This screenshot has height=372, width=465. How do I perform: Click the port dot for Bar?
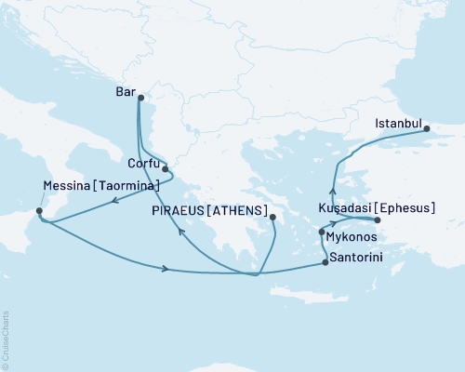tap(140, 98)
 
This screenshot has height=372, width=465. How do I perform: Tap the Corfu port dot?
tap(165, 169)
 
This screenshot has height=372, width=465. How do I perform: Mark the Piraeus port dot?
tap(272, 219)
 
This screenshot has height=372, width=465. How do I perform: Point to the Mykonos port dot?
tap(322, 232)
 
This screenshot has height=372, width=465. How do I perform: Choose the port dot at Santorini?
tap(325, 263)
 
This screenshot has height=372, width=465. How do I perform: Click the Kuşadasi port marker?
tap(377, 219)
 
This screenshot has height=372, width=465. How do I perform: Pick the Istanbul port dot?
tap(428, 130)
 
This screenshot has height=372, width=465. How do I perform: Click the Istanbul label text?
tap(399, 123)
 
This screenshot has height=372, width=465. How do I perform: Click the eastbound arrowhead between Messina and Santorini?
tap(166, 270)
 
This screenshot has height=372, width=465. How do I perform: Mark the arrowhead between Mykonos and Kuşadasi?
tap(332, 224)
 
